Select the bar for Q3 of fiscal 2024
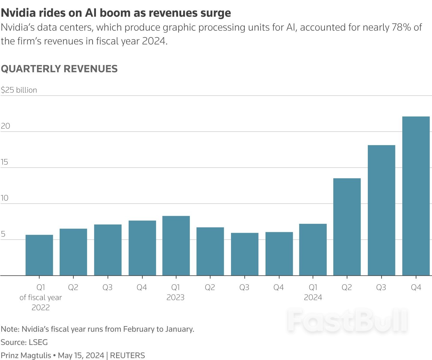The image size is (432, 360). [381, 210]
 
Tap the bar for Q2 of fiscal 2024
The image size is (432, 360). [347, 227]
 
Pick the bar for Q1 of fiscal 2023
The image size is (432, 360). [176, 246]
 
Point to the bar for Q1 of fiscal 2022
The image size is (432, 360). [39, 255]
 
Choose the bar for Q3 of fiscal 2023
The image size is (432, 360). [244, 254]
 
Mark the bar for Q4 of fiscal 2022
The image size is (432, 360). [142, 248]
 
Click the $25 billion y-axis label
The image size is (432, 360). [19, 90]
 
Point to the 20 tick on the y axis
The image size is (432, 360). [5, 126]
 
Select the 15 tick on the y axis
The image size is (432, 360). [4, 162]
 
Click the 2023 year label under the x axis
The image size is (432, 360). [175, 298]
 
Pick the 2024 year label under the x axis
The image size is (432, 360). [313, 298]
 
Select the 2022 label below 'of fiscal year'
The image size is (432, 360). [40, 307]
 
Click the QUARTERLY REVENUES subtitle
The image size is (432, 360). [59, 69]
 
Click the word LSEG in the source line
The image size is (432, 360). [38, 342]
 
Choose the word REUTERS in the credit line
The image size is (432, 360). [127, 355]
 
